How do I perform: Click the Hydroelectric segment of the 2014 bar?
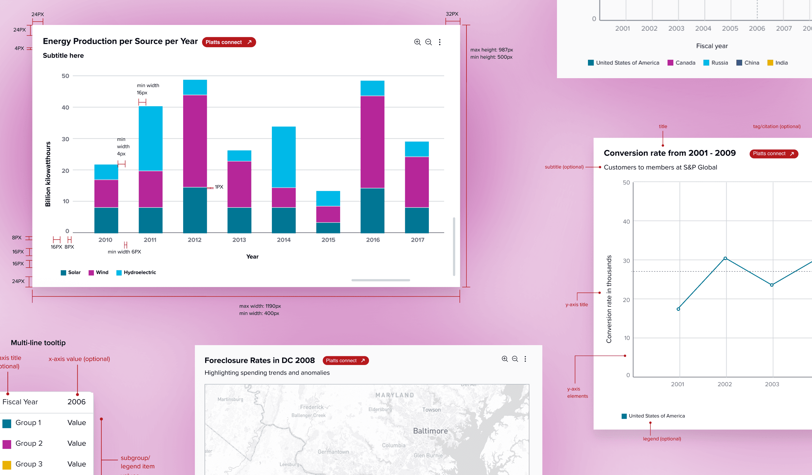coord(284,157)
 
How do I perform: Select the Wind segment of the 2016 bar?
coord(372,142)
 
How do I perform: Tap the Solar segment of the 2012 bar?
coord(195,210)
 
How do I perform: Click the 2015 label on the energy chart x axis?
coord(328,240)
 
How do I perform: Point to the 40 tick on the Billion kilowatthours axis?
coord(66,108)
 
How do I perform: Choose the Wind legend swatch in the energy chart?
coord(91,273)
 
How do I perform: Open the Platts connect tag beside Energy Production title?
coord(229,42)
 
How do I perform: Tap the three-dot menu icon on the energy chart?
coord(439,42)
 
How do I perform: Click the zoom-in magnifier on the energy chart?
coord(417,42)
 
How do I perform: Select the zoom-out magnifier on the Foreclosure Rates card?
coord(515,359)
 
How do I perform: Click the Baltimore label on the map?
coord(430,431)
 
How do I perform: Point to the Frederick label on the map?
coord(312,407)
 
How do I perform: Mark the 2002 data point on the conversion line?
coord(725,258)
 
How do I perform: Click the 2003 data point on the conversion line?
coord(771,285)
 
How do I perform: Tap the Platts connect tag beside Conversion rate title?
coord(773,154)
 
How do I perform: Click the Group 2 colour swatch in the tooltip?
coord(7,444)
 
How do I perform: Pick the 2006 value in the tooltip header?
coord(76,402)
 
